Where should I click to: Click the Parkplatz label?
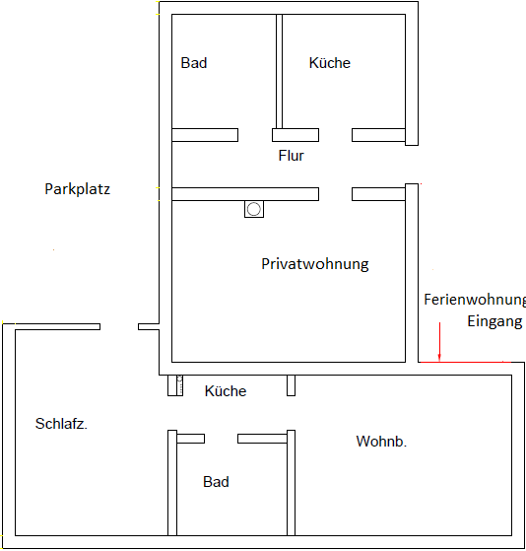pos(77,189)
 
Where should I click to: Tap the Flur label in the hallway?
pos(292,156)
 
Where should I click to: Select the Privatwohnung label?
pos(315,264)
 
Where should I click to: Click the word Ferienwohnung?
pos(475,300)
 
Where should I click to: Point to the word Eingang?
pos(494,321)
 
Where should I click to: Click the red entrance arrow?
pos(439,342)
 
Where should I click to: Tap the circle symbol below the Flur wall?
pos(254,209)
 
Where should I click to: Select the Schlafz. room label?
pos(61,424)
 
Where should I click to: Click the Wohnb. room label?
pos(381,442)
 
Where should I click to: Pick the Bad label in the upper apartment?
pos(194,63)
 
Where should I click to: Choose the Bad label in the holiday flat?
pos(216,482)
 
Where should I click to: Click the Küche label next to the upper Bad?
pos(330,63)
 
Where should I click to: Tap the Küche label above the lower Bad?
pos(226,391)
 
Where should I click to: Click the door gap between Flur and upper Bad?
pos(255,135)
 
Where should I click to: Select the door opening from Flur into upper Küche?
pos(335,135)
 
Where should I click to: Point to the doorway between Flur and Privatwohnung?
pos(335,194)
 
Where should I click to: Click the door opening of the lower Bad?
pos(221,439)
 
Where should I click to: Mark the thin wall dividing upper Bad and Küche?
pos(279,71)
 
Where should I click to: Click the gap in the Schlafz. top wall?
pos(119,327)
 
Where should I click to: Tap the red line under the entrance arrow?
pos(465,362)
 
